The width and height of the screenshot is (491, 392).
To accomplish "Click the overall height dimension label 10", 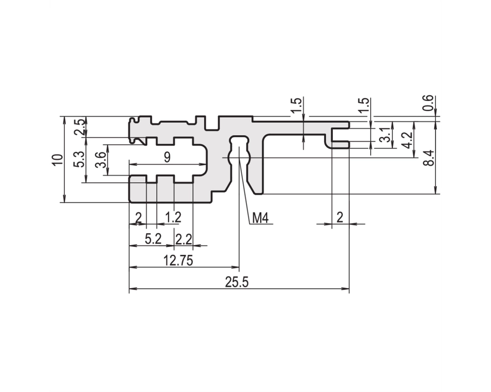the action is point(58,160).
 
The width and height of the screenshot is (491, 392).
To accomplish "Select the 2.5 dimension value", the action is point(79,126).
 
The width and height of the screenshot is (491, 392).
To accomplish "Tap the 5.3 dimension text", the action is point(79,159).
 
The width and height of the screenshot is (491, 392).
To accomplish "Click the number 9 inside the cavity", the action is point(167,157).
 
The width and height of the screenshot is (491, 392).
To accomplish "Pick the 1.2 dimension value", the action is point(173,217).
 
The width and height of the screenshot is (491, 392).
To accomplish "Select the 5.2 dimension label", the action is point(153,239).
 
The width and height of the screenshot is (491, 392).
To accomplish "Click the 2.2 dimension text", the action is point(184,240).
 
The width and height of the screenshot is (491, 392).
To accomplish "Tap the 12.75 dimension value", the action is point(178,260).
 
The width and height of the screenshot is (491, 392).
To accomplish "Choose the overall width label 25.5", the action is point(237,282).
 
